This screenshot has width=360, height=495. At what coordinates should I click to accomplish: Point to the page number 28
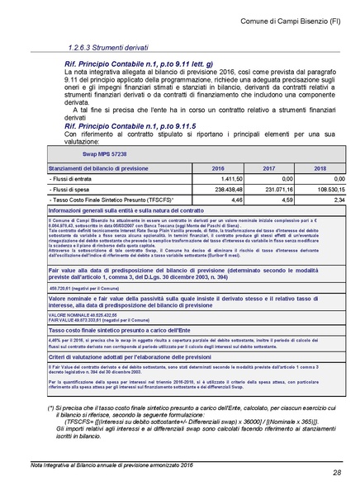point(337,472)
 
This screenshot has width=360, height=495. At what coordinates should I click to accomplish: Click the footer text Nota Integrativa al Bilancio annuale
point(91,466)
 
